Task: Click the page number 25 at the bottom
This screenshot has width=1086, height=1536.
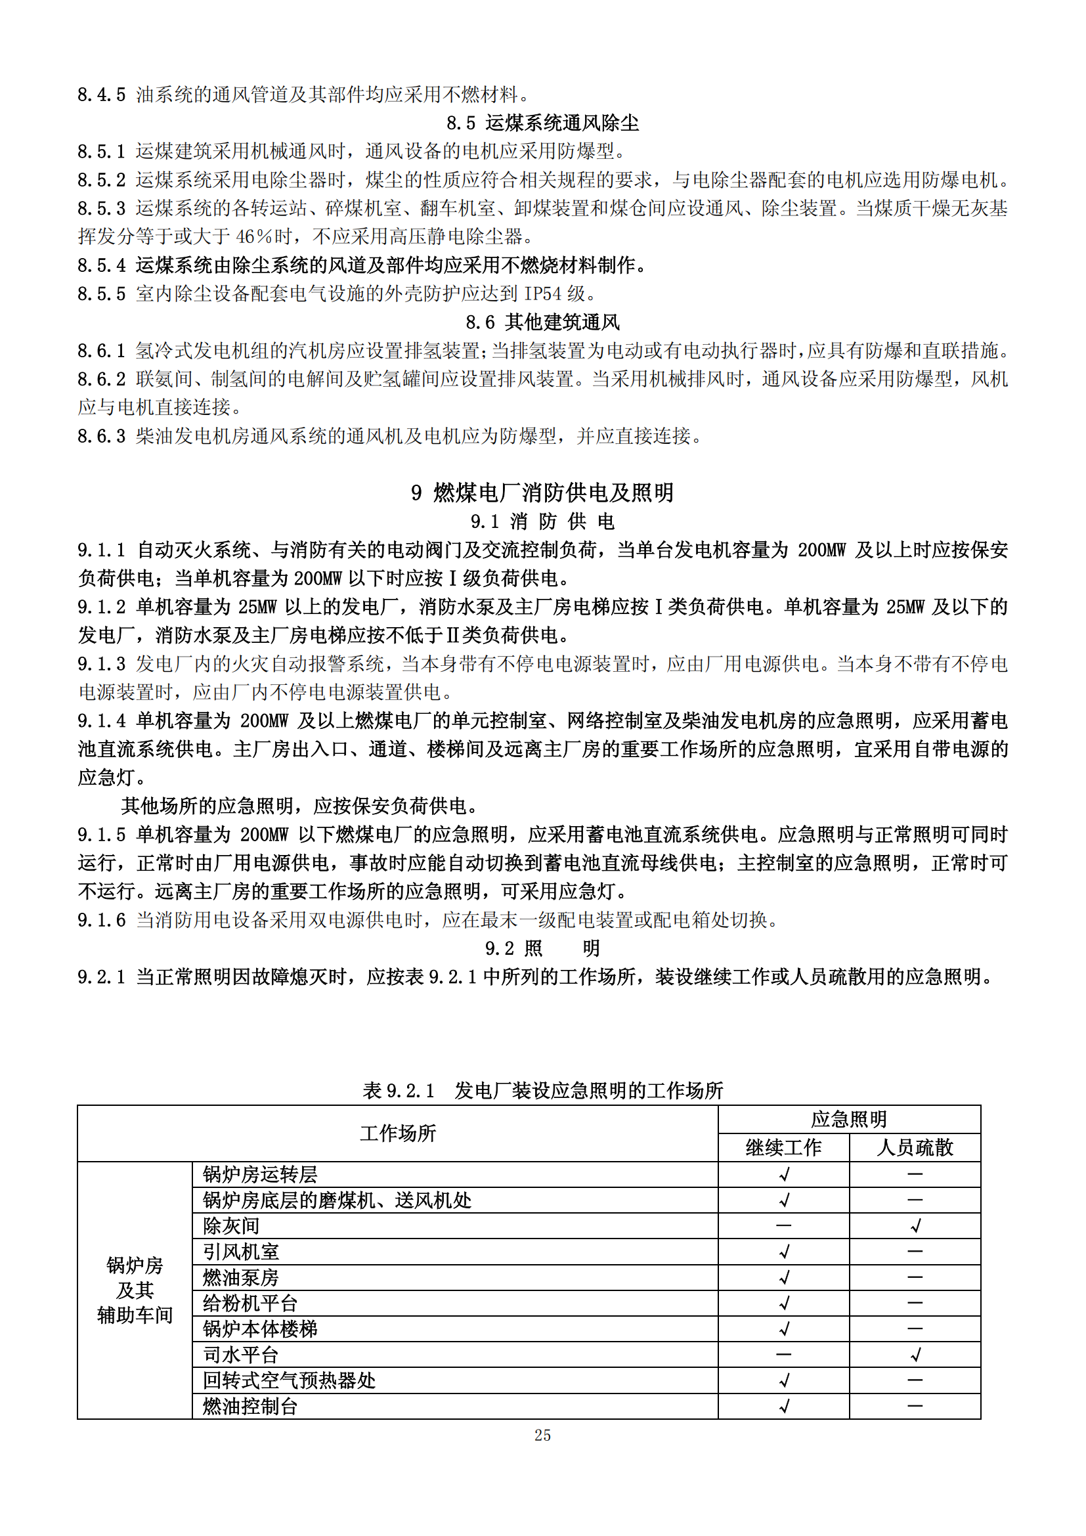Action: (x=542, y=1435)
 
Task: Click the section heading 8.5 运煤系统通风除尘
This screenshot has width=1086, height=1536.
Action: (x=542, y=123)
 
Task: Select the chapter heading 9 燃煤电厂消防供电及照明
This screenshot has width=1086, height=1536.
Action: (x=542, y=493)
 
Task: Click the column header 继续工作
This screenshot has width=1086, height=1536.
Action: (x=783, y=1147)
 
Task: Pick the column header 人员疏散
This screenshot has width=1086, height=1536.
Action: (x=915, y=1147)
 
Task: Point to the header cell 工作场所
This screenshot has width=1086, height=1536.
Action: (x=398, y=1133)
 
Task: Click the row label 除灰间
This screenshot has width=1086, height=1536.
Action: (x=231, y=1225)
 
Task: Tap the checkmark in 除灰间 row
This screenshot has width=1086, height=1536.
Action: (x=915, y=1225)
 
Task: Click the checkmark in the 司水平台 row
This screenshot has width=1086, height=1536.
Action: (x=915, y=1355)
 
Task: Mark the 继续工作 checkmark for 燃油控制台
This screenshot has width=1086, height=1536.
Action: (x=785, y=1406)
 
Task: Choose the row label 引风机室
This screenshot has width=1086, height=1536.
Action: (x=241, y=1252)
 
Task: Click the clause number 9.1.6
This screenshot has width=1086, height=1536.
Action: (x=102, y=920)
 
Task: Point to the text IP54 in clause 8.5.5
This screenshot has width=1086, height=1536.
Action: (x=542, y=294)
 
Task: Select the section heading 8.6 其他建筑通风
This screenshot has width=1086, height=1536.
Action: (x=542, y=322)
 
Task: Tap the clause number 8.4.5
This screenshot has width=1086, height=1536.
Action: (x=102, y=95)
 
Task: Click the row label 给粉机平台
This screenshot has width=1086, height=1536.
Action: (x=250, y=1303)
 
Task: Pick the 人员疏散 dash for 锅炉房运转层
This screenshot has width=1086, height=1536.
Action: (x=915, y=1174)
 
